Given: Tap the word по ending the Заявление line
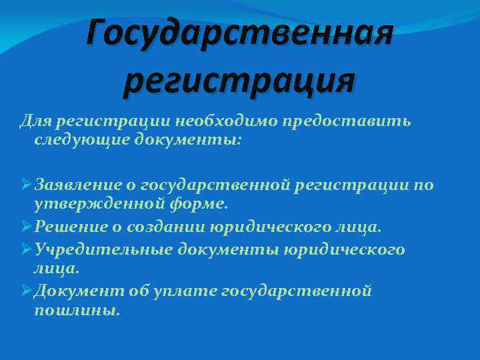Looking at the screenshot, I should tap(424, 184).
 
